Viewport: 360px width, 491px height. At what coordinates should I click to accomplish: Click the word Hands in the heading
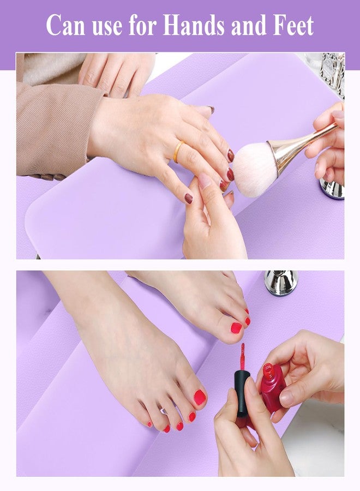[x=194, y=25]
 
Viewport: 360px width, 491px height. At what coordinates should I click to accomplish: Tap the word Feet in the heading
[x=293, y=25]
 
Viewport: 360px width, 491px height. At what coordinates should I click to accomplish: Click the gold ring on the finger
[x=178, y=152]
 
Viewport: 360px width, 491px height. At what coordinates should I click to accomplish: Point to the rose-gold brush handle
[x=300, y=143]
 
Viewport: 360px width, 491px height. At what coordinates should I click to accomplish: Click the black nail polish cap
[x=241, y=393]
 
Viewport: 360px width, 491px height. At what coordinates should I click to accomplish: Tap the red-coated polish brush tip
[x=242, y=356]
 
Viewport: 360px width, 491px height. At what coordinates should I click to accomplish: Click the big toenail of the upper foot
[x=236, y=328]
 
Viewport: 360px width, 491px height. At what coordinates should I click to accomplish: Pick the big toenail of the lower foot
[x=200, y=397]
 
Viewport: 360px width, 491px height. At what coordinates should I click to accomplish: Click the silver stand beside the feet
[x=281, y=283]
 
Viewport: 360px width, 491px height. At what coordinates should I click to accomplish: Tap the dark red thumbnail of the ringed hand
[x=188, y=199]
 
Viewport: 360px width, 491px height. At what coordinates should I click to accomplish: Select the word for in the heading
[x=142, y=25]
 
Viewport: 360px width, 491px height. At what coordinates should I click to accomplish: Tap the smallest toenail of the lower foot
[x=149, y=424]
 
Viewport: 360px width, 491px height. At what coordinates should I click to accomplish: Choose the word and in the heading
[x=249, y=25]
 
